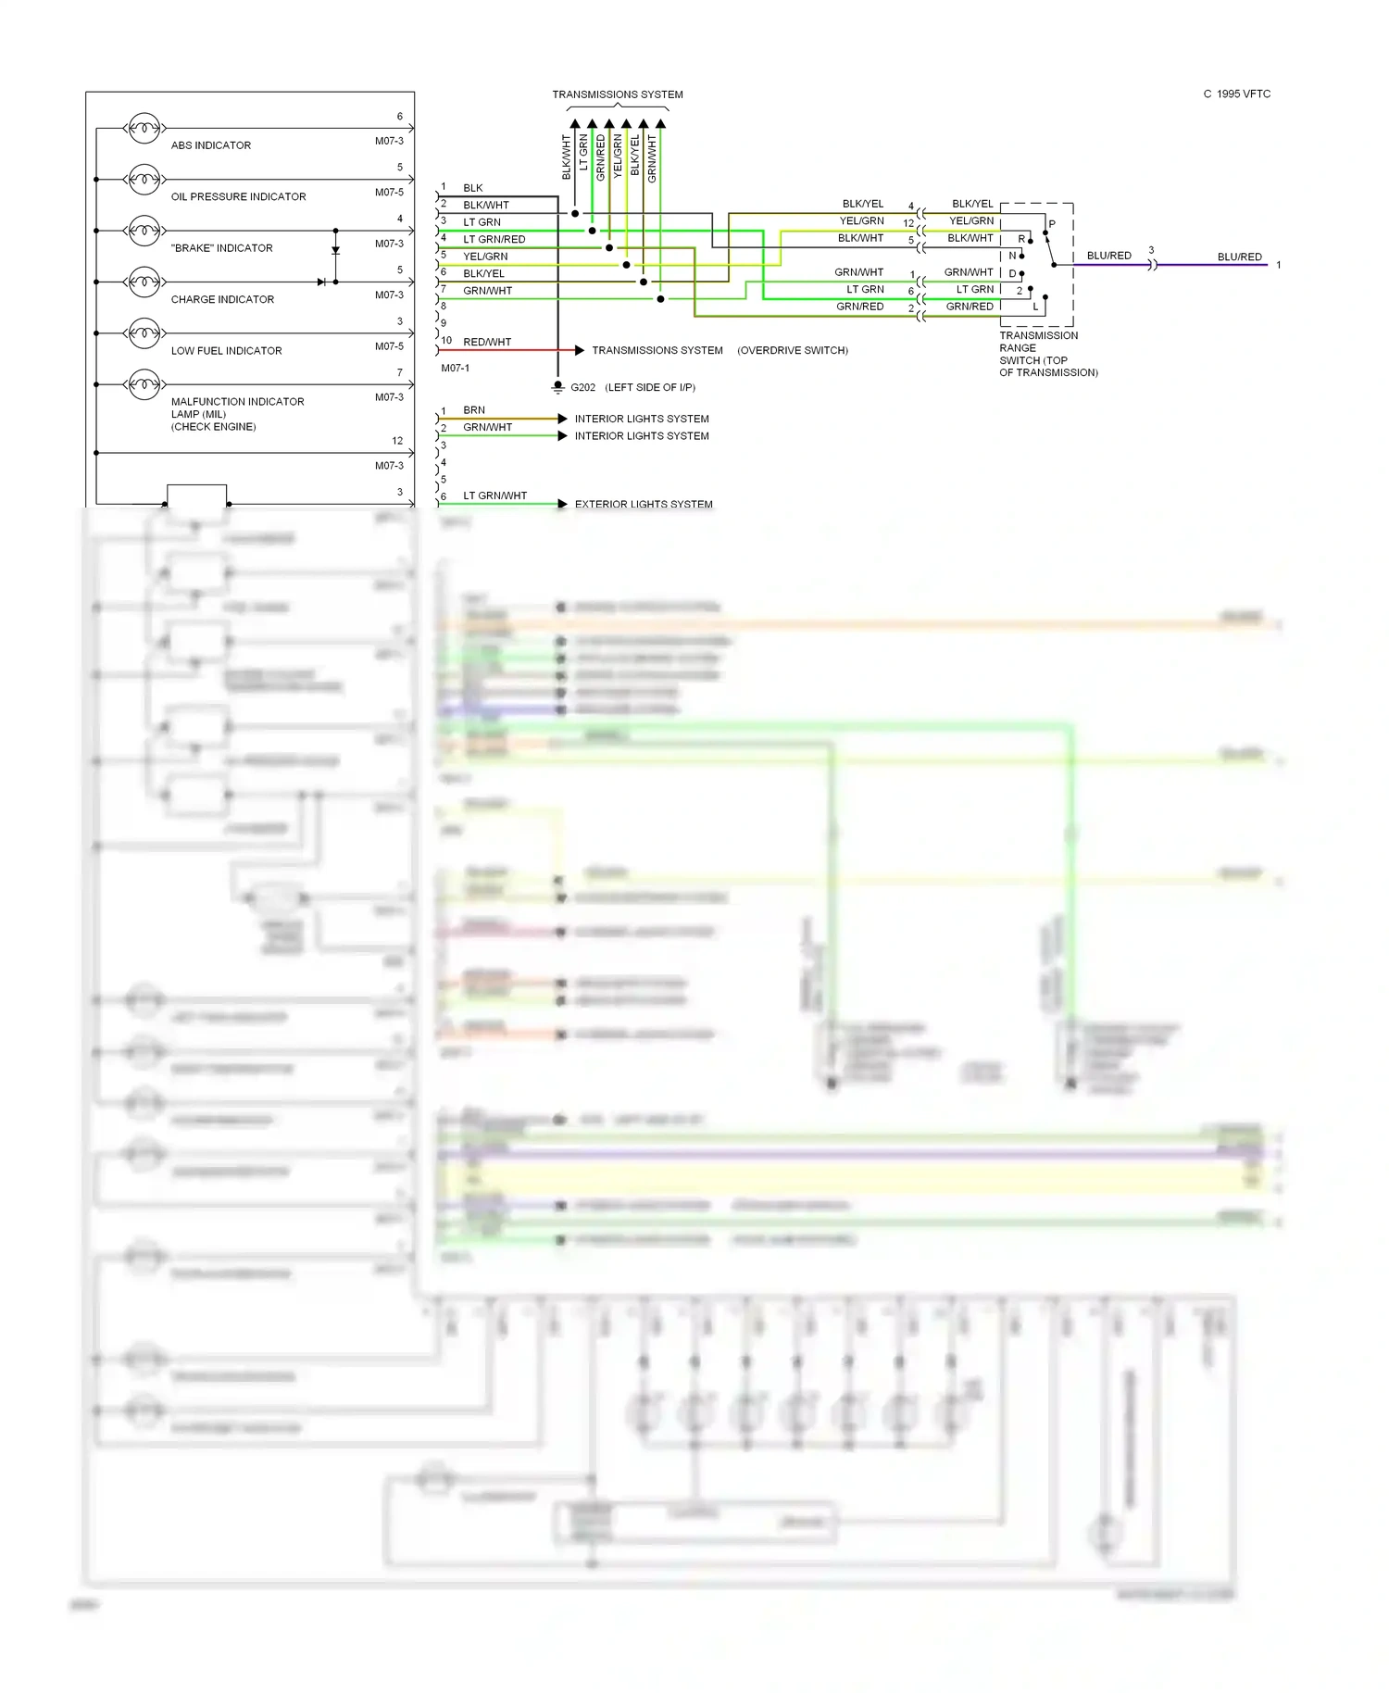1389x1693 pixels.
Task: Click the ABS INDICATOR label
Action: [210, 145]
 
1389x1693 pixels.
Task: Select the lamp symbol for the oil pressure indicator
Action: [144, 179]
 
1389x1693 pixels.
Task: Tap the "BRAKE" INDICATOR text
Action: [221, 248]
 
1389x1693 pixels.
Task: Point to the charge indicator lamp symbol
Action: [144, 282]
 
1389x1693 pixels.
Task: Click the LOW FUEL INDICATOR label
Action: [226, 351]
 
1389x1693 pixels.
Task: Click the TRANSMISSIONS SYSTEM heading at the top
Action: [617, 94]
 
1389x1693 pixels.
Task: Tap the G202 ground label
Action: [582, 387]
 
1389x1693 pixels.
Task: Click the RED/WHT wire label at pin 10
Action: [486, 342]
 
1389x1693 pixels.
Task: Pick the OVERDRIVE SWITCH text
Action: [792, 350]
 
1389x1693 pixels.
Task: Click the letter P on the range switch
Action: [1052, 224]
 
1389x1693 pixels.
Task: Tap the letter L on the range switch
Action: [1035, 307]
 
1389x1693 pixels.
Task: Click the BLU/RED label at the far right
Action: [1239, 257]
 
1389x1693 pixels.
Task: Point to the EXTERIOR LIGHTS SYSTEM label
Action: [643, 504]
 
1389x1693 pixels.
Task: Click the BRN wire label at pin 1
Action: [473, 410]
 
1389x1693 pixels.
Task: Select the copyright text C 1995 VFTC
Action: [1236, 94]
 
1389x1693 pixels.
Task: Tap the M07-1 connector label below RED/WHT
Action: [455, 368]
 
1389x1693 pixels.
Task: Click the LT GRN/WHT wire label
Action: [494, 495]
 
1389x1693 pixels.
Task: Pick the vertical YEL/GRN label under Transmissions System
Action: [618, 156]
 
